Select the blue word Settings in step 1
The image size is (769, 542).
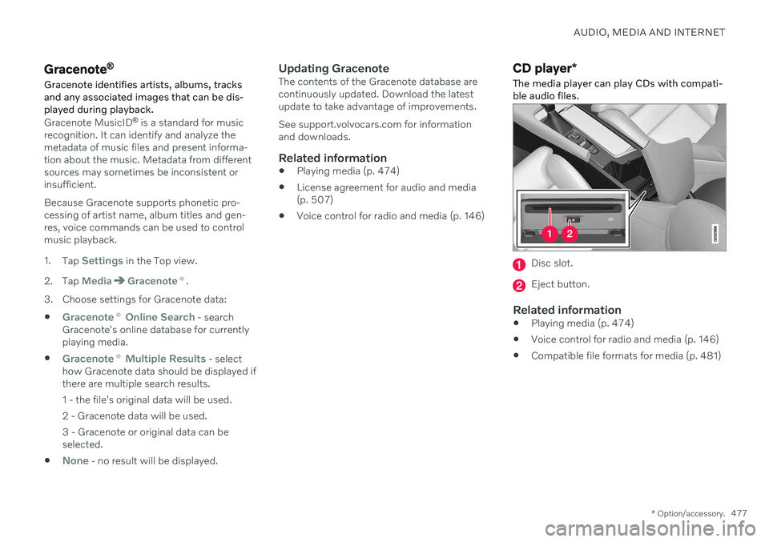point(102,261)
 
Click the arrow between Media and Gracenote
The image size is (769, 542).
point(120,281)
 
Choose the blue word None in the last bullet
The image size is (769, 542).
point(75,461)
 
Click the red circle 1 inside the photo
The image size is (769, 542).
point(550,234)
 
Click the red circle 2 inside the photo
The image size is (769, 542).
point(570,234)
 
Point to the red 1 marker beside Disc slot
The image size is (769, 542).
point(520,264)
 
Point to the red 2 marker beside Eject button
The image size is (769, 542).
point(520,284)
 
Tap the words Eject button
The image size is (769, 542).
point(562,284)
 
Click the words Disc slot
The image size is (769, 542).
point(552,263)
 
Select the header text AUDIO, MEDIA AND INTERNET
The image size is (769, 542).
point(650,33)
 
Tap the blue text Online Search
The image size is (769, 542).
point(159,317)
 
